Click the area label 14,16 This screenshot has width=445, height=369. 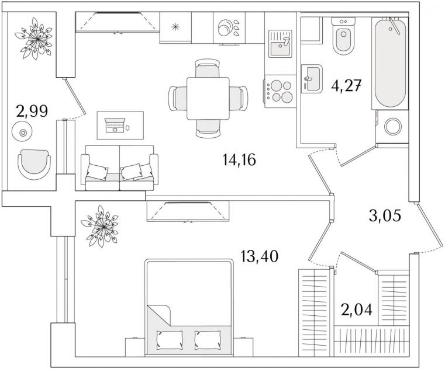(x=239, y=159)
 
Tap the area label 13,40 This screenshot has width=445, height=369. (x=259, y=256)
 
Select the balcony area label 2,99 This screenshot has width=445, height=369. (x=32, y=111)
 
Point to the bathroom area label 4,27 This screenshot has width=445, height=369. (x=346, y=86)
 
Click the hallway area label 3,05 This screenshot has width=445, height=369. (x=385, y=216)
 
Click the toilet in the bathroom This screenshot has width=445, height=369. (x=343, y=36)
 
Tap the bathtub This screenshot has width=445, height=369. (x=390, y=63)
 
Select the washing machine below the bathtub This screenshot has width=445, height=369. (x=392, y=126)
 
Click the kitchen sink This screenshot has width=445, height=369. (x=281, y=44)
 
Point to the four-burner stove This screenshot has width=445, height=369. (x=280, y=91)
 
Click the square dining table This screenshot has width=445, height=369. (x=208, y=98)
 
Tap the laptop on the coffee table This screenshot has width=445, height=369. (x=115, y=126)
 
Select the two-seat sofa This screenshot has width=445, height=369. (x=119, y=168)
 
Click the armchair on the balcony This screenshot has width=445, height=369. (x=34, y=165)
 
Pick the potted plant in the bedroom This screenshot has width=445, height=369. (x=100, y=226)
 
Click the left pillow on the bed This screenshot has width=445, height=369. (x=170, y=339)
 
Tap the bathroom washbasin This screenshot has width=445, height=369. (x=312, y=78)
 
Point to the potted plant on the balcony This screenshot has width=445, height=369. (x=34, y=39)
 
